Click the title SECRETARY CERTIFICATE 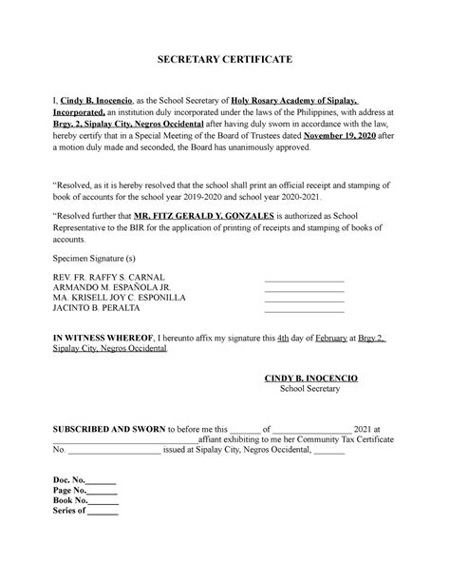click(x=224, y=60)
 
